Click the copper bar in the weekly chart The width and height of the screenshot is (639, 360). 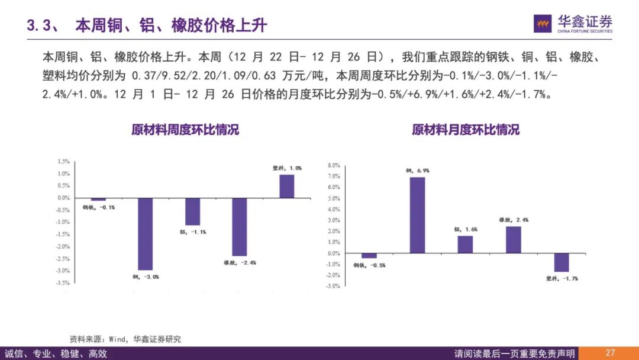145,234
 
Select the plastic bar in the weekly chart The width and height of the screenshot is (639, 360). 287,186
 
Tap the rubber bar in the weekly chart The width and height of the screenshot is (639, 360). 239,227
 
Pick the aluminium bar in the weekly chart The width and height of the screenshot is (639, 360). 192,211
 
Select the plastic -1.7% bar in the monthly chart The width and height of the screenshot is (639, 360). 561,262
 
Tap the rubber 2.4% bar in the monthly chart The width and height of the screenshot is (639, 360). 514,240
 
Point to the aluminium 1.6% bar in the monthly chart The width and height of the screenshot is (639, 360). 465,245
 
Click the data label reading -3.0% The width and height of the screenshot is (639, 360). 146,277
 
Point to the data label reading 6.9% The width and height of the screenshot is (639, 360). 417,171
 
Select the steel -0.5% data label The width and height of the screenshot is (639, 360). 369,265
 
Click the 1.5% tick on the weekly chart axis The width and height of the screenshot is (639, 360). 64,162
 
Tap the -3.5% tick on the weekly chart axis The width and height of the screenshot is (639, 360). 63,283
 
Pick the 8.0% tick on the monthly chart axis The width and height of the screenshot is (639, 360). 334,165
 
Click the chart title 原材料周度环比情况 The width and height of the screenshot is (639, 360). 185,130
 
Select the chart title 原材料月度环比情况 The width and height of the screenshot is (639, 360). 466,130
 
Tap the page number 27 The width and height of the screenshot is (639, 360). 610,353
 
